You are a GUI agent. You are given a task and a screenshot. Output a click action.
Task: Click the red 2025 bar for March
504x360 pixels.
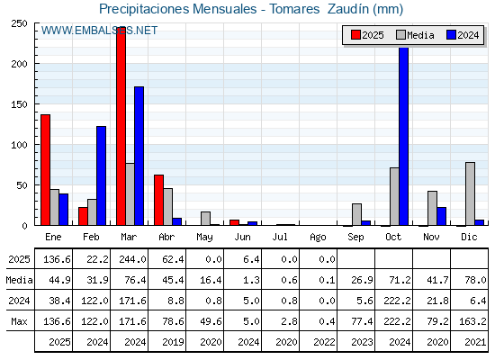coord(121,126)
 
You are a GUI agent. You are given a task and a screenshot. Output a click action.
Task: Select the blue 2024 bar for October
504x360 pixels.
coord(404,136)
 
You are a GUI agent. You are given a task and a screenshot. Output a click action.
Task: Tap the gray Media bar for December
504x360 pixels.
coord(470,193)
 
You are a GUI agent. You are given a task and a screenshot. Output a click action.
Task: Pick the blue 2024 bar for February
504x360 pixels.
coord(101,175)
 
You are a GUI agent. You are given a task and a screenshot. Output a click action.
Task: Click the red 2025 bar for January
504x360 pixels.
coord(45,170)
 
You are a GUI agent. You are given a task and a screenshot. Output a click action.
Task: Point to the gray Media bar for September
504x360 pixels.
coord(356,214)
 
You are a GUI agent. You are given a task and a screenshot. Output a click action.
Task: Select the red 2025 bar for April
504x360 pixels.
coord(158,200)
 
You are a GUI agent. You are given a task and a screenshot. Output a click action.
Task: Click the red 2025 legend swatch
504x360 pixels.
coord(355,35)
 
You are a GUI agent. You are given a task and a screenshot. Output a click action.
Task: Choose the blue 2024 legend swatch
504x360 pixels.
coord(451,35)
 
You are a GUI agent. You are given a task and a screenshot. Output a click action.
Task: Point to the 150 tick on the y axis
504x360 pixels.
coord(19,104)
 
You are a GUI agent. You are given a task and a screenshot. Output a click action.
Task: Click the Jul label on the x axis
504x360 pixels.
coord(280,237)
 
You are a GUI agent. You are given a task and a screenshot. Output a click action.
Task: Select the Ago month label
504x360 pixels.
coord(318,238)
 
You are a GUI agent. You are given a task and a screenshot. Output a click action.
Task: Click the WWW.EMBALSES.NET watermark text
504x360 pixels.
coord(99,31)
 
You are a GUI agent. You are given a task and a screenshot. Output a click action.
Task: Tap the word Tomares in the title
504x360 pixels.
coord(294,9)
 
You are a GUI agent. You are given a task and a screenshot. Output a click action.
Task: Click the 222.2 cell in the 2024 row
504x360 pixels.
coord(397,301)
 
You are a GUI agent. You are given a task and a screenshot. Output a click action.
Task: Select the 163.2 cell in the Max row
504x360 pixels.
coord(472,321)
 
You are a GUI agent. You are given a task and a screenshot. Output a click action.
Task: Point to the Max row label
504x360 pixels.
coord(19,321)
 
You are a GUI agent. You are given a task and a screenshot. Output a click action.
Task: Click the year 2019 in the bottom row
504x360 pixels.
coord(173,342)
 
